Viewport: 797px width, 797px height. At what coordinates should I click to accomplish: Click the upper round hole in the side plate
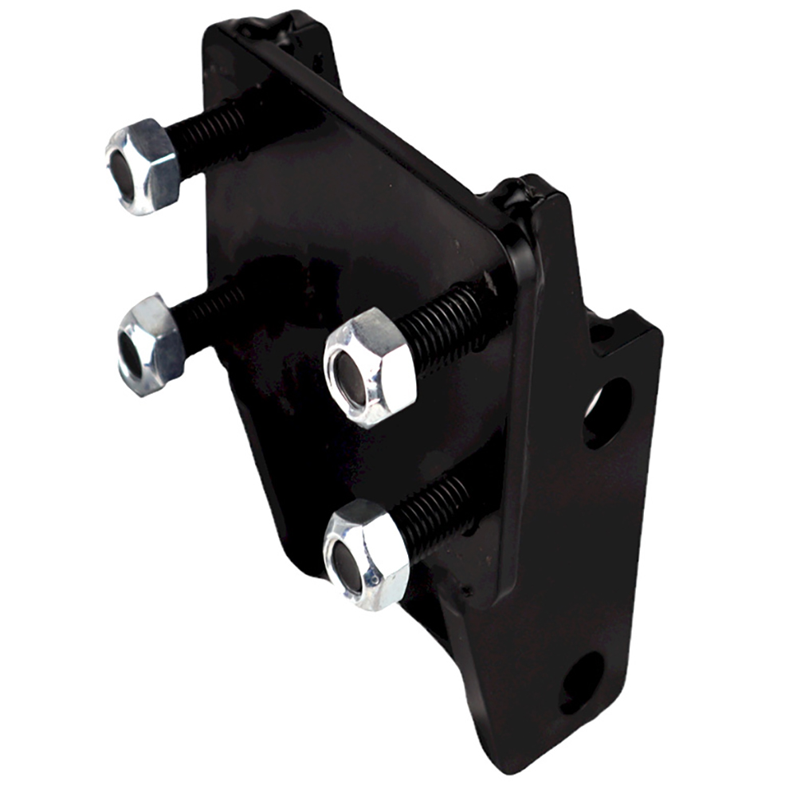tap(607, 411)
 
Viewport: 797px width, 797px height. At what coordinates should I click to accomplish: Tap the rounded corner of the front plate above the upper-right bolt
tap(510, 239)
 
